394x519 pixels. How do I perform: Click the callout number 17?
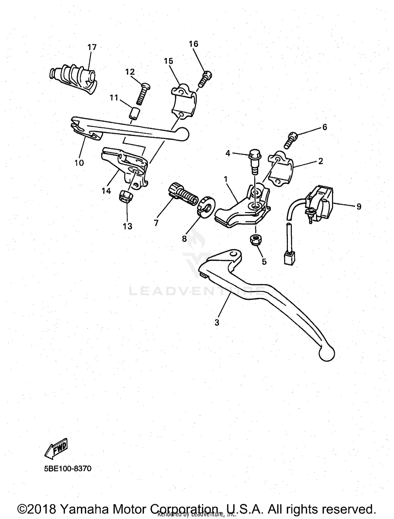pos(92,47)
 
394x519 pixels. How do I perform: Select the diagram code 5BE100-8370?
pos(68,468)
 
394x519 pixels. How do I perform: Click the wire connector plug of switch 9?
pos(288,257)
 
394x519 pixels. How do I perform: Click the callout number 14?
pos(106,191)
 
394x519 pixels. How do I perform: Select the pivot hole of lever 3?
pos(232,254)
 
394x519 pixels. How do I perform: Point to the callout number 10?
pos(79,163)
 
